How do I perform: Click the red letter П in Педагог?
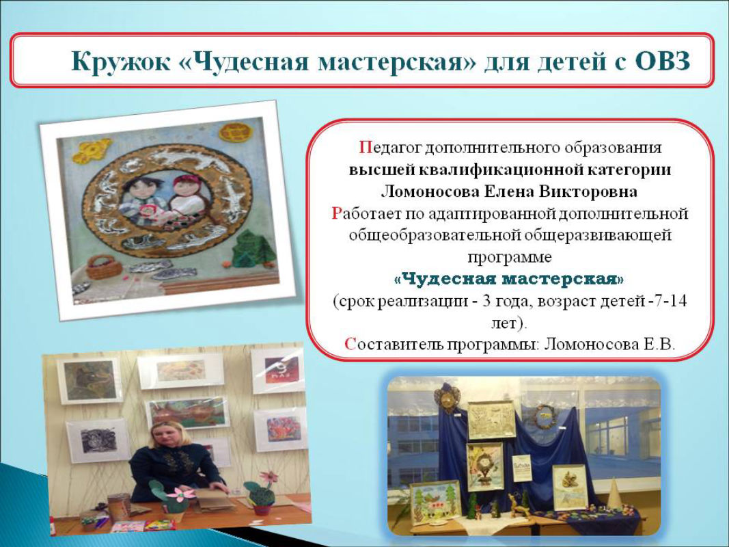click(x=364, y=148)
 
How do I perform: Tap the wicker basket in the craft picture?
click(x=104, y=267)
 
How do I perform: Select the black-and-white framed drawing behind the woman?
click(x=98, y=440)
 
